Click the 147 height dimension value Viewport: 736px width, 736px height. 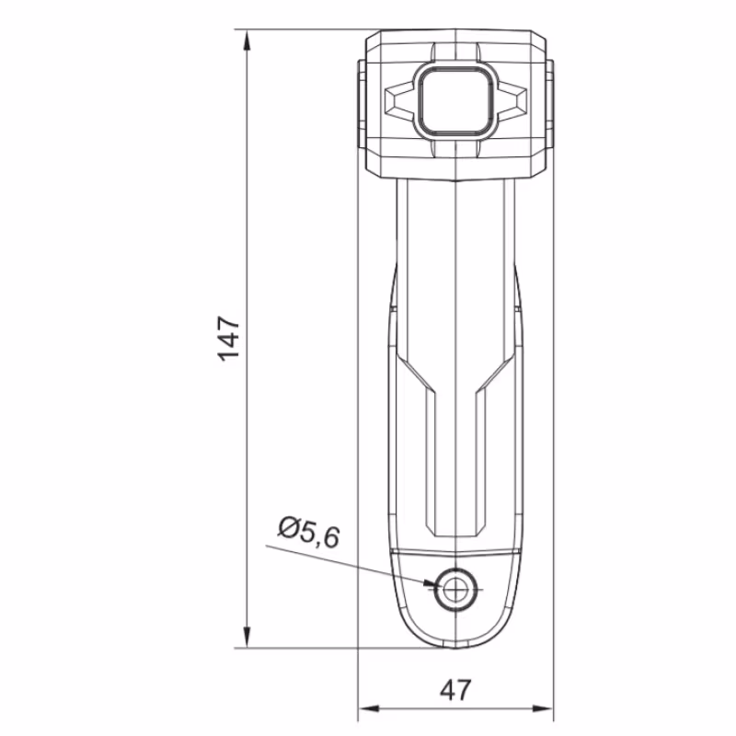229,339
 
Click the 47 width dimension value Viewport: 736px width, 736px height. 454,691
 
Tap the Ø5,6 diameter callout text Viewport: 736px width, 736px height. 308,533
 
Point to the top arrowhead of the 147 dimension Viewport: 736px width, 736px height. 247,41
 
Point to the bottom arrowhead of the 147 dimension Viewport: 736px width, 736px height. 247,637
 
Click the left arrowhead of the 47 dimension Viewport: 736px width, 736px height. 369,707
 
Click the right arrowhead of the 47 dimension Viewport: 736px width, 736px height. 542,707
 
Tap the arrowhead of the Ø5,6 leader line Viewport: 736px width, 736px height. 430,583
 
